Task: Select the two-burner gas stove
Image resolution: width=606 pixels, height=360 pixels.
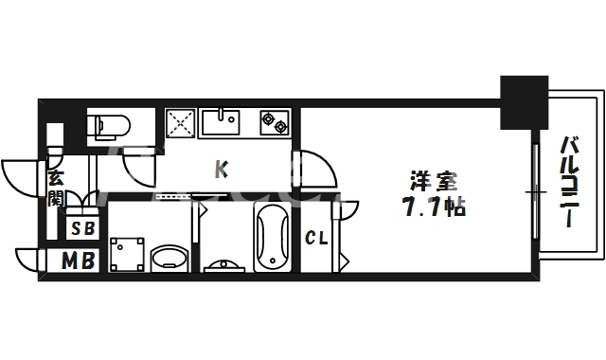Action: pos(275,121)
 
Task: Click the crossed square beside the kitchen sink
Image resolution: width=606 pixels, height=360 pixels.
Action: pos(180,122)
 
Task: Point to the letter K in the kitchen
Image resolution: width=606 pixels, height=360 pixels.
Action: pos(222,170)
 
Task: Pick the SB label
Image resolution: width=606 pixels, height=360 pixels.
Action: pos(82,228)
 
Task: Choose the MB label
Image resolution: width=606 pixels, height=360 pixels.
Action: pos(79,261)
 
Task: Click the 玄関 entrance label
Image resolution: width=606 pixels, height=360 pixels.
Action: pos(56,187)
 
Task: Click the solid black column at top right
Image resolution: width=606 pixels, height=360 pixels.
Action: pos(524,102)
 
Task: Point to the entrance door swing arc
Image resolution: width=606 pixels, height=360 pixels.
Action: pos(19,176)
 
